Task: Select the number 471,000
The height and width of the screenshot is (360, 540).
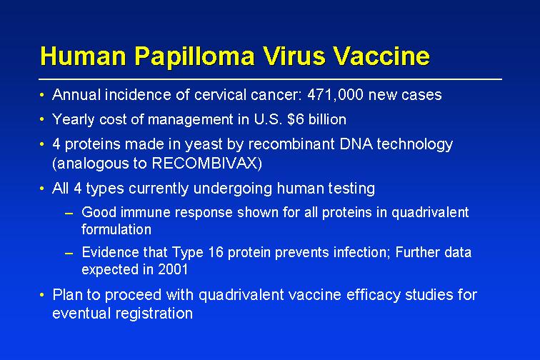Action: pyautogui.click(x=335, y=95)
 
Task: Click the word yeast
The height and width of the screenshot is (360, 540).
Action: pyautogui.click(x=204, y=144)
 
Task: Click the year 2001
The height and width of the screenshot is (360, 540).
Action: pyautogui.click(x=173, y=269)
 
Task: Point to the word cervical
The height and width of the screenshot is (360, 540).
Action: pyautogui.click(x=220, y=95)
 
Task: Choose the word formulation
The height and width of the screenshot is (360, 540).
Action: pyautogui.click(x=116, y=229)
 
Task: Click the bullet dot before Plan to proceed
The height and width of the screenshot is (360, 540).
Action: pyautogui.click(x=42, y=295)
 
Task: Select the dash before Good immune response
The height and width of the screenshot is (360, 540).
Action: pyautogui.click(x=69, y=214)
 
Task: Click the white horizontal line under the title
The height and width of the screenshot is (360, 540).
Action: pyautogui.click(x=270, y=79)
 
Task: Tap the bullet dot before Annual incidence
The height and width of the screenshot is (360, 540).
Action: pyautogui.click(x=42, y=95)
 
